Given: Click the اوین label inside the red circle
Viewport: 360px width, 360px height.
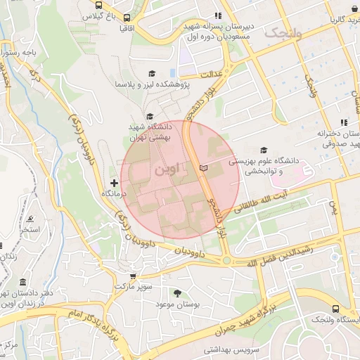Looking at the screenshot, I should tap(166, 170).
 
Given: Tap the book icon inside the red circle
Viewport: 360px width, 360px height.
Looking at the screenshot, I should tap(204, 169).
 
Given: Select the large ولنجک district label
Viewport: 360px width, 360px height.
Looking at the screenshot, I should tap(284, 32).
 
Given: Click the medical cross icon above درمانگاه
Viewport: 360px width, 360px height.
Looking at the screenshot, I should tap(115, 183).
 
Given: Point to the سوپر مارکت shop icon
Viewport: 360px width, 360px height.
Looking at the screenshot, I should tap(134, 276).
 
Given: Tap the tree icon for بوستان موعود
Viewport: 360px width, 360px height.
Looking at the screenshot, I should tap(176, 292).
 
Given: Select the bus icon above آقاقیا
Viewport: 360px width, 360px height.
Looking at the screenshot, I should tap(126, 18).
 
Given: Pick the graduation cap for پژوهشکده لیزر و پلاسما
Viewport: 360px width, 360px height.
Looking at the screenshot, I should tap(152, 73).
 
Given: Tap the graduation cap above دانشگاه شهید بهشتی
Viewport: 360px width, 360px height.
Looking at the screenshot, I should tap(149, 117).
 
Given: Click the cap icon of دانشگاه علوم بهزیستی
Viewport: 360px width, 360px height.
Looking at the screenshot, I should tap(264, 150).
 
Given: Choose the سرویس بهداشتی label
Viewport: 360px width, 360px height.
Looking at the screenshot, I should tap(232, 349).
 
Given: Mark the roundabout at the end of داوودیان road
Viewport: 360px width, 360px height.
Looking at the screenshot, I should tap(226, 259).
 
